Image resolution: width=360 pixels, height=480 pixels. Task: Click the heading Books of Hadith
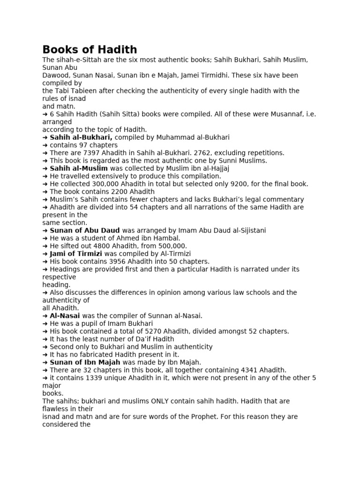(x=90, y=49)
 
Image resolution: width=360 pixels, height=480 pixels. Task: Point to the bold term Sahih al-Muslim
(x=79, y=168)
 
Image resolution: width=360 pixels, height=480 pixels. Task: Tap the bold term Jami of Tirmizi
(x=76, y=254)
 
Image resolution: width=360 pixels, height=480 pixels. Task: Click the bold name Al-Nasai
(x=65, y=315)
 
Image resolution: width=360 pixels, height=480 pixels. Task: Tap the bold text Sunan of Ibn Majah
(x=85, y=362)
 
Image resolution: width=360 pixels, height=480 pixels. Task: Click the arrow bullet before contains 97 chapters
(x=45, y=145)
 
